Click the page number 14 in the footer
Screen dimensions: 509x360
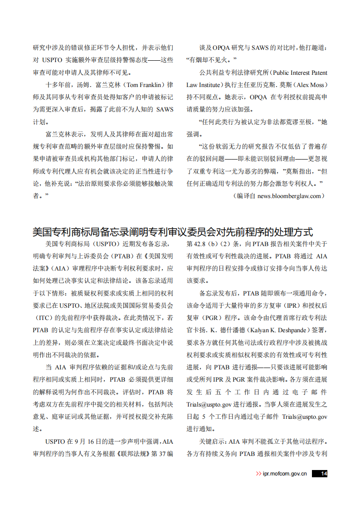323,474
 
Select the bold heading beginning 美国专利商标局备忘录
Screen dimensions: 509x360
173,232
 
